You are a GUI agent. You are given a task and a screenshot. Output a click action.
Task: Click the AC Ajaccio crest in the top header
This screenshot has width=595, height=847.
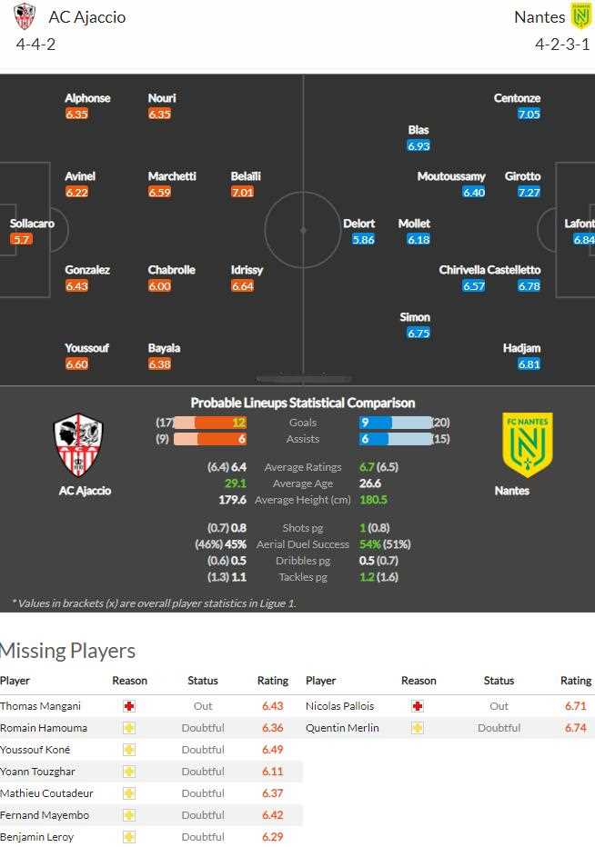(x=25, y=16)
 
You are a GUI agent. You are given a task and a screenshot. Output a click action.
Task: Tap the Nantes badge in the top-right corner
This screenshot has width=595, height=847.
(x=580, y=16)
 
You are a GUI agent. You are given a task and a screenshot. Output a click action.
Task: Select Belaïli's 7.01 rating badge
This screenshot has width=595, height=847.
(x=243, y=192)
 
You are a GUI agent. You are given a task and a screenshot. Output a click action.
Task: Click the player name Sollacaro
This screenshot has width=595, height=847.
(x=32, y=224)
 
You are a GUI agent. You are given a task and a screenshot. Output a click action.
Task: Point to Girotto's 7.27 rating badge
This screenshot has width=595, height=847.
(x=529, y=192)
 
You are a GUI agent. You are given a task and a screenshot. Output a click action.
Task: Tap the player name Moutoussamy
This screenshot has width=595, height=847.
(x=451, y=176)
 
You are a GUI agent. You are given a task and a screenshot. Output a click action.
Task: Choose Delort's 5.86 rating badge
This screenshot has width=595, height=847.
(x=363, y=239)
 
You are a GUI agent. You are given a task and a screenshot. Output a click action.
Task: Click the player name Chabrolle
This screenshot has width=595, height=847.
(x=171, y=270)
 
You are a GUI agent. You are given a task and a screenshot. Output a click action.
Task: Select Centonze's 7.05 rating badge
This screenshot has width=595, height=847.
(x=529, y=114)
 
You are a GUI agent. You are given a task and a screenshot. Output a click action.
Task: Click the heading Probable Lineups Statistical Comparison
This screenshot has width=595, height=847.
(x=303, y=403)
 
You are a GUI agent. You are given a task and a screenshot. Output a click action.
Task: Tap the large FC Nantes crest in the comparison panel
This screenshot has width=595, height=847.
(x=528, y=444)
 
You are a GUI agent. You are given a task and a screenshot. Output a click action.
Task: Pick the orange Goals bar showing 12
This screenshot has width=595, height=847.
(x=220, y=423)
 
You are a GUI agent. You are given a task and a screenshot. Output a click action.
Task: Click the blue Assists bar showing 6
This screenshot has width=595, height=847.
(x=374, y=439)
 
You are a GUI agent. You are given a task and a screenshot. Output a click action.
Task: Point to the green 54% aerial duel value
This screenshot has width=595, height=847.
(x=370, y=544)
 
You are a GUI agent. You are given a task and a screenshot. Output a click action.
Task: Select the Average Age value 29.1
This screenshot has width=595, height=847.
(x=236, y=483)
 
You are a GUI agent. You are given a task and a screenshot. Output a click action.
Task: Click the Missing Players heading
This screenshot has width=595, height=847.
(x=67, y=651)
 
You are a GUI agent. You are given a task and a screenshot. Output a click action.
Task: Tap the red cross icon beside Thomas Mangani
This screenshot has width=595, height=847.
(x=129, y=706)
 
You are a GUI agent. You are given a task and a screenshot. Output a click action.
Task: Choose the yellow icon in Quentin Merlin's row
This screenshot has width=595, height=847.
(x=418, y=728)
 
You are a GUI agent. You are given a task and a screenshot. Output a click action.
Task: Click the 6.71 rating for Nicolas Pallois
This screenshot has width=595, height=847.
(x=576, y=706)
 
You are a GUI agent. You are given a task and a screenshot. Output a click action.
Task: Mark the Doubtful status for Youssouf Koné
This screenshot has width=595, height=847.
(x=203, y=750)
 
